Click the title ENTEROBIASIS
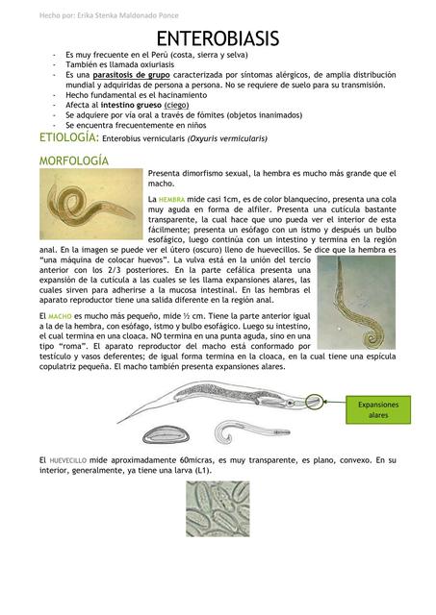[218, 38]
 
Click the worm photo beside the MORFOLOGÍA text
[91, 204]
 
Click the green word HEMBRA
[173, 198]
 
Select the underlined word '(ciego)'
[174, 105]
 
